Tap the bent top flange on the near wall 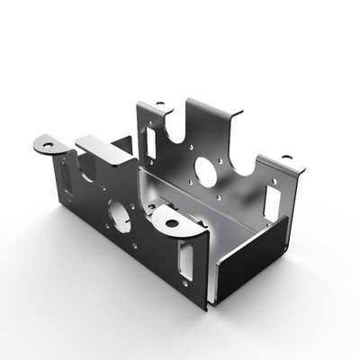104,149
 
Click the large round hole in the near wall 120,212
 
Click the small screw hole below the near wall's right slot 190,286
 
